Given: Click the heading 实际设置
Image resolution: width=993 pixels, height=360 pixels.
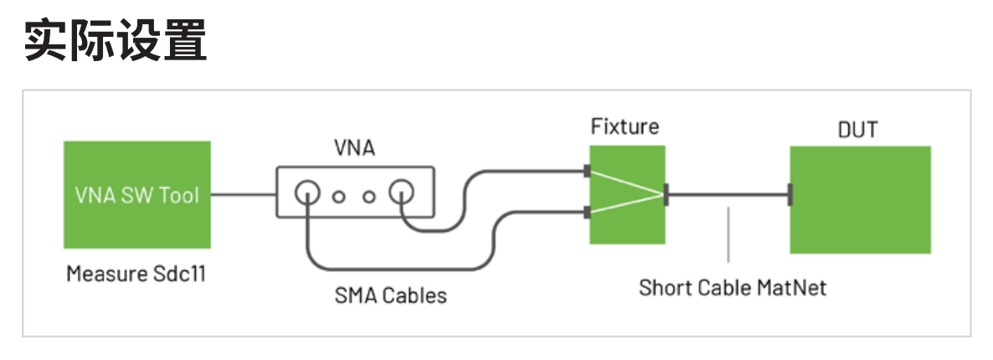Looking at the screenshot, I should (x=115, y=40).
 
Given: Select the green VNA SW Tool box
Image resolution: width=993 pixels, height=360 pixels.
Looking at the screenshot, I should (x=137, y=195).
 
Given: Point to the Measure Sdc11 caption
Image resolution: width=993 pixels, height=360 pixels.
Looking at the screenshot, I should (x=136, y=274).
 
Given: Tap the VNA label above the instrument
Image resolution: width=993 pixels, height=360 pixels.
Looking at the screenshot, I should (x=356, y=150).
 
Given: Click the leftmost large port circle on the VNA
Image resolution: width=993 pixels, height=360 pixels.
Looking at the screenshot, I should (x=307, y=195).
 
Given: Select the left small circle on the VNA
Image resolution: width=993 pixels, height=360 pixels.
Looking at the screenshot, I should (x=339, y=198).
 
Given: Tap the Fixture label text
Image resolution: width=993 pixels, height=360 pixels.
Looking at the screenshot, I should (x=625, y=127).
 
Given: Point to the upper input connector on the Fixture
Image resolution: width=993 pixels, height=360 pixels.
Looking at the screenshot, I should (x=587, y=172).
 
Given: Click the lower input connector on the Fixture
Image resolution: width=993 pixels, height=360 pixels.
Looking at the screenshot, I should (x=587, y=213).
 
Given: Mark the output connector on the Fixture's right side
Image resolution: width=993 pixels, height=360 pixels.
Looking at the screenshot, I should (x=666, y=194).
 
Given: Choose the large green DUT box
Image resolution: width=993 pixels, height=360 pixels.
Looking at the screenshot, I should (x=860, y=199).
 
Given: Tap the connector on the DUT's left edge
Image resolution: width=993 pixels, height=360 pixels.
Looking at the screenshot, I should (x=790, y=196).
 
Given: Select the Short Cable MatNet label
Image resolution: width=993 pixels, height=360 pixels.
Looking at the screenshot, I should (x=733, y=287).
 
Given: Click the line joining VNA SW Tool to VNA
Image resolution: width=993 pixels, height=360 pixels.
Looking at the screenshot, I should (x=244, y=195).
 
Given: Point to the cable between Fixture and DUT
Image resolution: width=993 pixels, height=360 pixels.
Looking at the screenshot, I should (x=728, y=195).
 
